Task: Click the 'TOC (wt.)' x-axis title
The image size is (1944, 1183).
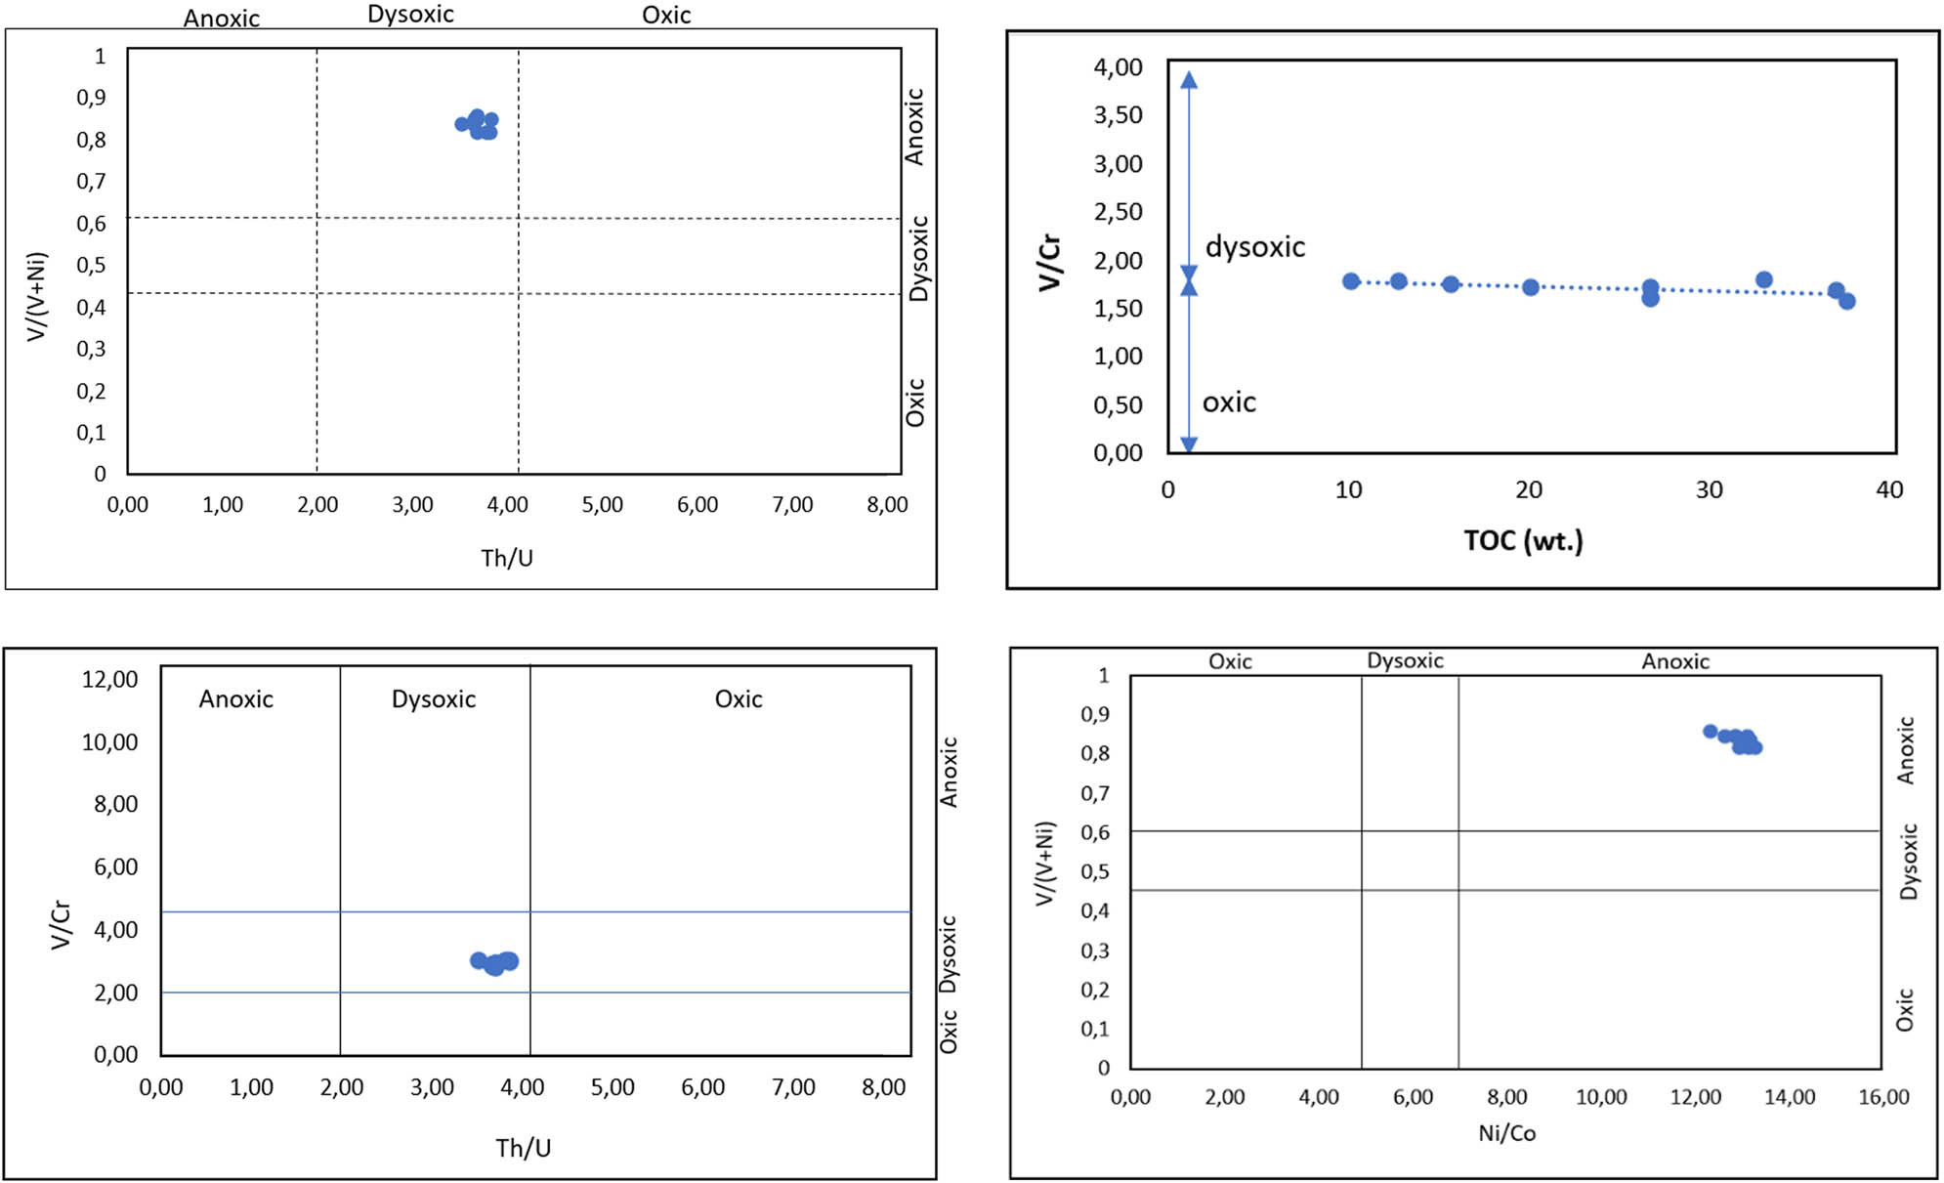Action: tap(1522, 540)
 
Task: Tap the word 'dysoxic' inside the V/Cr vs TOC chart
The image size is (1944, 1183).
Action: tap(1254, 247)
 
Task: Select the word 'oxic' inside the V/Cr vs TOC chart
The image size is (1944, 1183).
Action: tap(1228, 402)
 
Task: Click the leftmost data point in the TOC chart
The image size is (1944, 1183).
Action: tap(1351, 281)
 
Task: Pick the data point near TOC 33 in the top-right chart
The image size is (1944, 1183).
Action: tap(1763, 280)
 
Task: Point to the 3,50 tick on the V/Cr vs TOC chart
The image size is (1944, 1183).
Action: tap(1118, 115)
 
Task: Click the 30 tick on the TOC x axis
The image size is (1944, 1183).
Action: tap(1709, 490)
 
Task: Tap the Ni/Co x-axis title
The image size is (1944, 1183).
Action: tap(1506, 1133)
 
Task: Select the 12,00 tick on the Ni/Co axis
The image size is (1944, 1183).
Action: tap(1695, 1097)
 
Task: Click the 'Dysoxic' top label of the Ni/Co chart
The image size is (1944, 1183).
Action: tap(1404, 661)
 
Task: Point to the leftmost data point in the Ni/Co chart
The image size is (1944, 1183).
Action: tap(1710, 732)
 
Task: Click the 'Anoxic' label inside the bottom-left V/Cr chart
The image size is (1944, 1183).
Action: tap(235, 699)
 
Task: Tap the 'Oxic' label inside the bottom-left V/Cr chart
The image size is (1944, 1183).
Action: tap(738, 699)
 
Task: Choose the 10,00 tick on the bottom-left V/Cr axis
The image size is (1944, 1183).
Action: tap(109, 742)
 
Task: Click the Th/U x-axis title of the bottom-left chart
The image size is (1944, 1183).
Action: tap(523, 1148)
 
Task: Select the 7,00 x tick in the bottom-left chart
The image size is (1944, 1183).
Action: tap(792, 1087)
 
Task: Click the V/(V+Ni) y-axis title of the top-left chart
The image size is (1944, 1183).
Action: tap(37, 297)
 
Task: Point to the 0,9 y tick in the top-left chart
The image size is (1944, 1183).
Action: tap(91, 98)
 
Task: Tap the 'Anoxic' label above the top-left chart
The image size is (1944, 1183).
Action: tap(222, 19)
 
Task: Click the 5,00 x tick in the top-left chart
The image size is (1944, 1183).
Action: tap(602, 505)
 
